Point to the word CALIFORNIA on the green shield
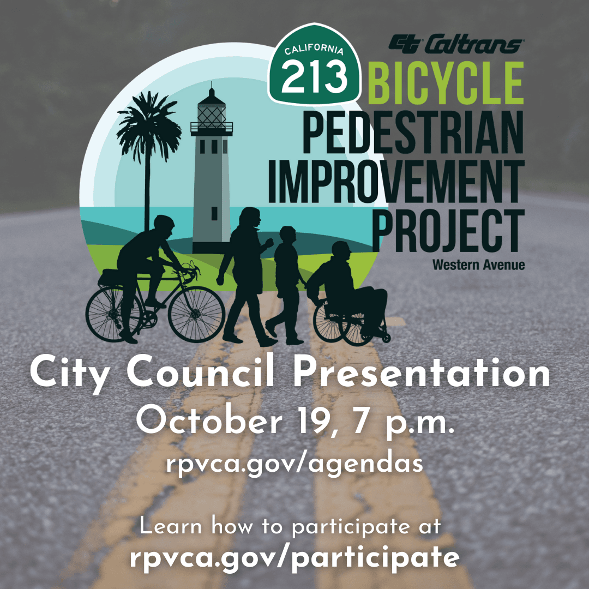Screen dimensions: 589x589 click(x=315, y=50)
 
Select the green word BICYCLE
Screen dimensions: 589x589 click(x=446, y=83)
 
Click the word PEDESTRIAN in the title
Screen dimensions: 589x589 click(x=413, y=132)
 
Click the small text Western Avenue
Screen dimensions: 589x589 click(x=478, y=266)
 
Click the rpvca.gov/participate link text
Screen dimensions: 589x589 click(x=294, y=557)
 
